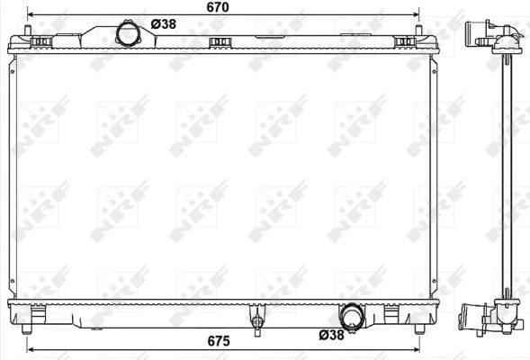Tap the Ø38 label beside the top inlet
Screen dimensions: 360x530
point(162,24)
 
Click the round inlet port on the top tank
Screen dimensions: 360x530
point(130,34)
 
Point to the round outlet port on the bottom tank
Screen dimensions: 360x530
point(352,317)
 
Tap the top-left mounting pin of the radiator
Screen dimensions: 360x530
point(33,34)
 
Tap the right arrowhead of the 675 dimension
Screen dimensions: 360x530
point(417,348)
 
